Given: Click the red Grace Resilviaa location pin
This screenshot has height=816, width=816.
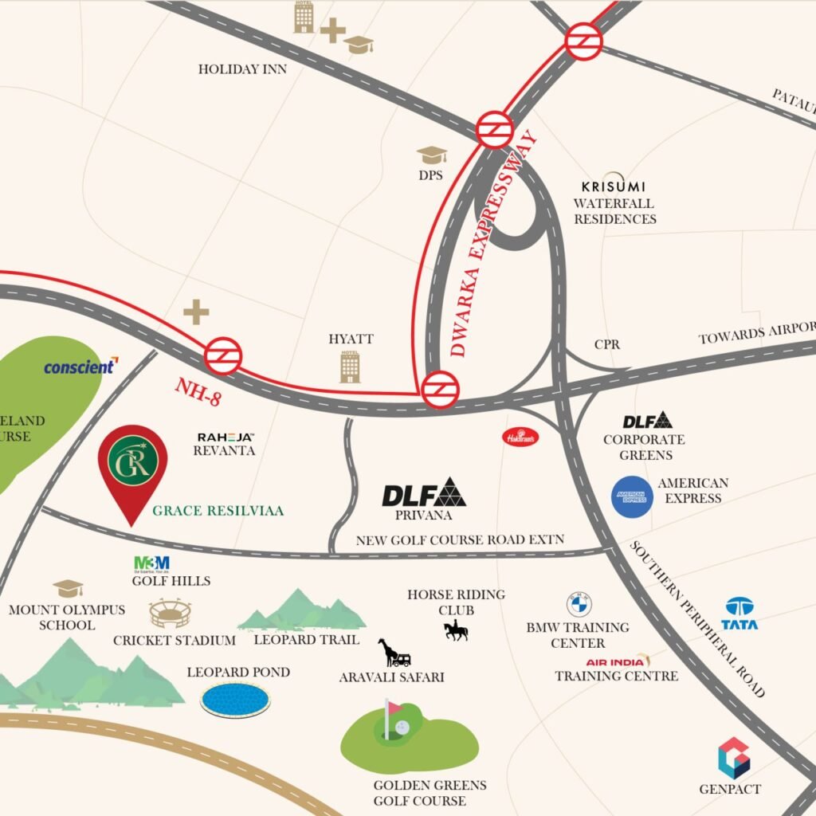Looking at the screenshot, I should tap(132, 470).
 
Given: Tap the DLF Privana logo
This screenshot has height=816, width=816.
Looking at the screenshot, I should tap(423, 494).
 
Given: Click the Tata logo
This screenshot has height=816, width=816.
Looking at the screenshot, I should tap(739, 614).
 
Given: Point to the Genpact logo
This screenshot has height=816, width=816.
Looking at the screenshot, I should tap(733, 758).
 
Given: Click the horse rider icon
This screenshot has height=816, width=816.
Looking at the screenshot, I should tap(456, 631).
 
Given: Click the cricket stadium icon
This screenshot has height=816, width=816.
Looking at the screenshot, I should tap(171, 614).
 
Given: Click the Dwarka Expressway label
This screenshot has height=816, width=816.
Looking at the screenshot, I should tap(492, 243).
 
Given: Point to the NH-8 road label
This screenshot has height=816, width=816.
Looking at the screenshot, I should tap(197, 393).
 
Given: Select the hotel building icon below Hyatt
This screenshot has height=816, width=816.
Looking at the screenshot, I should tap(350, 366).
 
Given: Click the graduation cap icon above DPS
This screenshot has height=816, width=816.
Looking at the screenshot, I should tap(432, 154).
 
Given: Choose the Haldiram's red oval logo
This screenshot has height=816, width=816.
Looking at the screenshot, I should tap(520, 437).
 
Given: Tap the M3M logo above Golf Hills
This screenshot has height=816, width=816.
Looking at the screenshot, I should tap(151, 563).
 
